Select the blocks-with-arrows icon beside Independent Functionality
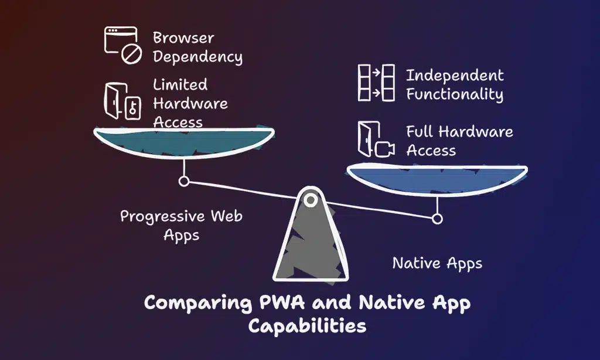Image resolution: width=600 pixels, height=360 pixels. click(376, 83)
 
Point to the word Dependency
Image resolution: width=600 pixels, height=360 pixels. click(197, 57)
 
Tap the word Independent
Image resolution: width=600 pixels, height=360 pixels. click(455, 76)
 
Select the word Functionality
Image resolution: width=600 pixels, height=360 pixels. click(455, 94)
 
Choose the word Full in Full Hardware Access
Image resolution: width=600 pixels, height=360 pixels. click(421, 132)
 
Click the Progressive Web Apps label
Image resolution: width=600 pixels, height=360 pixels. click(181, 225)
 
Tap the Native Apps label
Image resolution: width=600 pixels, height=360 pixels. click(437, 263)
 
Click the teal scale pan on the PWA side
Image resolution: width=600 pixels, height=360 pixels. click(185, 141)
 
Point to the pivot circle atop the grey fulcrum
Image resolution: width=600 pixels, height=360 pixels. click(311, 201)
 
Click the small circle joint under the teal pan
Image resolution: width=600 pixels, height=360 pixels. click(184, 182)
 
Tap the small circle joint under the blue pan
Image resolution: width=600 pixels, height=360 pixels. click(437, 219)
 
